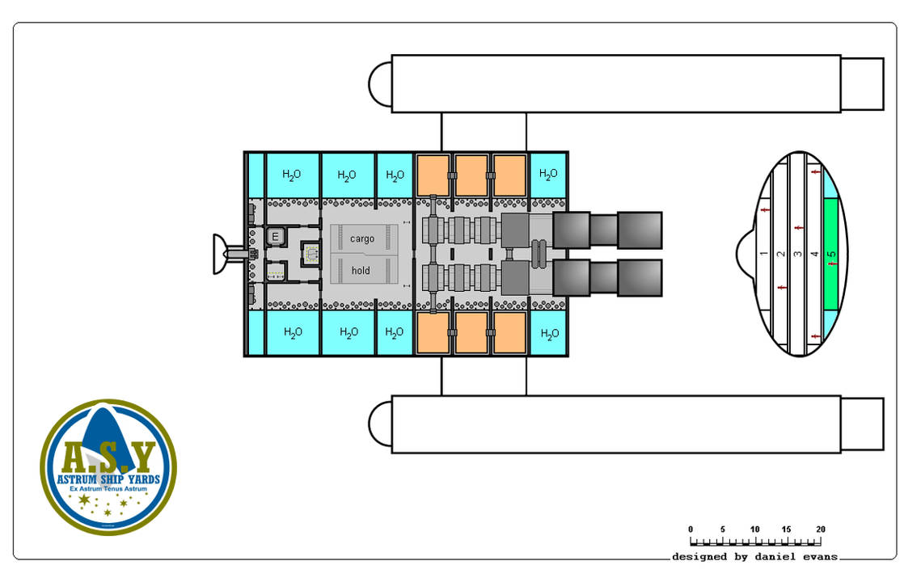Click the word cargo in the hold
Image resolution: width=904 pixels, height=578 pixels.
[361, 239]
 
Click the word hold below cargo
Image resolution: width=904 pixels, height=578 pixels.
[361, 270]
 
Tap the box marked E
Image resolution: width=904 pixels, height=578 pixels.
[275, 237]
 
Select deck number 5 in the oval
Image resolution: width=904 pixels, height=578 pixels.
[832, 254]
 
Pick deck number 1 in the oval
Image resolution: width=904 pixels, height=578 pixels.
[764, 254]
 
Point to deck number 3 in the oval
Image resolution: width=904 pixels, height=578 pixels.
[797, 254]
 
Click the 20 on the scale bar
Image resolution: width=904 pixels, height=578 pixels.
[820, 529]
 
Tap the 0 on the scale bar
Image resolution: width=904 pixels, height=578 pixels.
[691, 529]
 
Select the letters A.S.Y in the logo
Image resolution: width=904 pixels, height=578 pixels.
[108, 458]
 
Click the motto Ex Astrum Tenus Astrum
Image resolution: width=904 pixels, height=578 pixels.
[108, 491]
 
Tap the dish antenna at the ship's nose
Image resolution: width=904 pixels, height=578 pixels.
[219, 254]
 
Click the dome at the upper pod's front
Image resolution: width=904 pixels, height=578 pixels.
[380, 83]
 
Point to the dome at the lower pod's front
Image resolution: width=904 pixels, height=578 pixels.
[380, 424]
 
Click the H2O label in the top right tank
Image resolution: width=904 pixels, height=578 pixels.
[548, 174]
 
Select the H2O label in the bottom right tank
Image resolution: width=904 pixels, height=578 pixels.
[548, 333]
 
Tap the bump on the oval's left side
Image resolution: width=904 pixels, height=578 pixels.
[746, 254]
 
